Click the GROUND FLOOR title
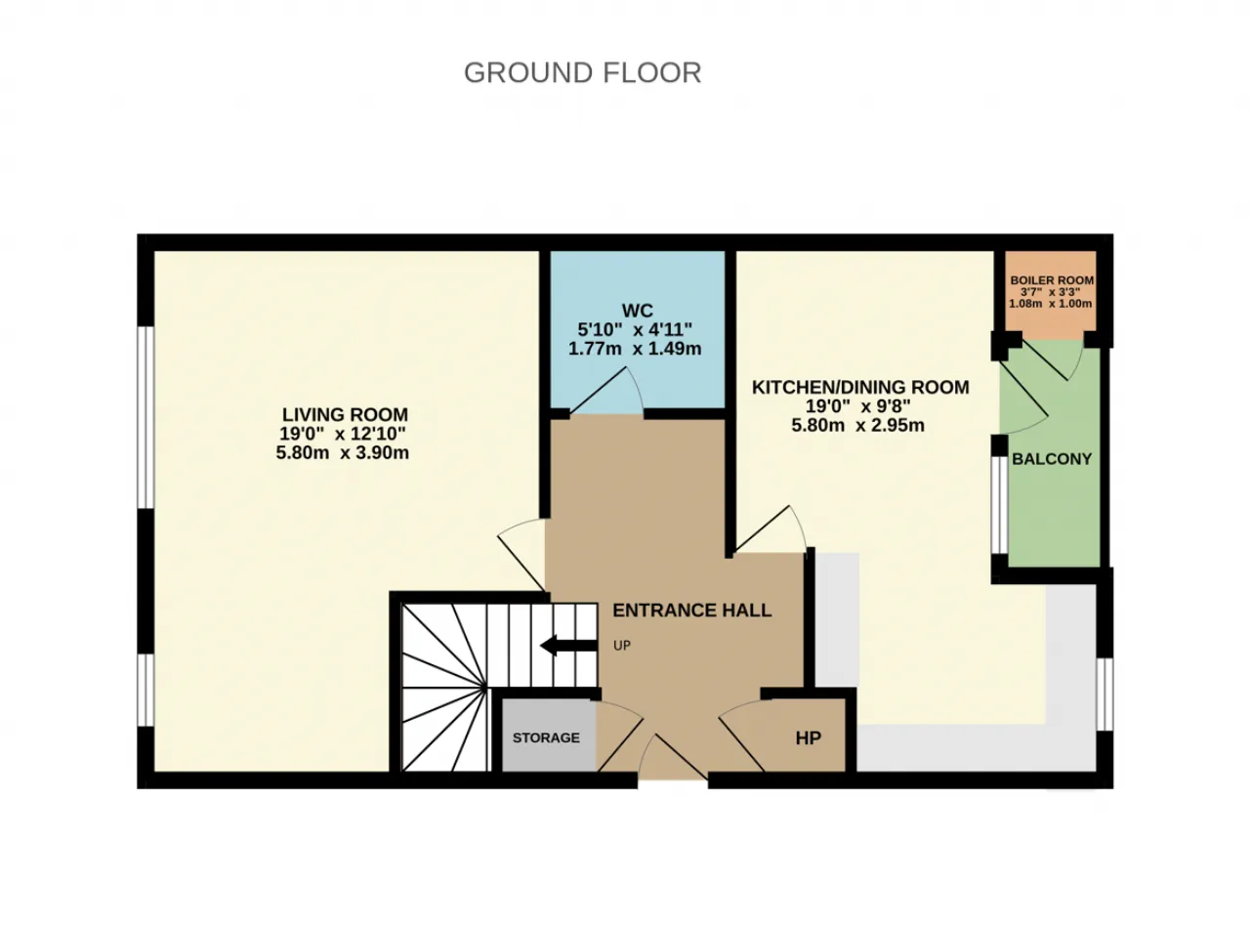tap(583, 72)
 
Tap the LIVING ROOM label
tap(345, 414)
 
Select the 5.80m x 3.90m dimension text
tap(342, 452)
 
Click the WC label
tap(638, 311)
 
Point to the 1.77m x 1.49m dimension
tap(635, 349)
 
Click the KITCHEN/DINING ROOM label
tap(860, 387)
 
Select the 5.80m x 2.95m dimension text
tap(857, 425)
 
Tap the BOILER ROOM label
tap(1052, 280)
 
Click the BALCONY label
tap(1052, 459)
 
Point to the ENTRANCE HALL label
tap(692, 610)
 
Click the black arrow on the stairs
tap(568, 646)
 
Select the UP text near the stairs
tap(622, 646)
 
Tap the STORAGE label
tap(546, 737)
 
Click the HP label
tap(809, 737)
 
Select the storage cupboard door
tap(620, 736)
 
